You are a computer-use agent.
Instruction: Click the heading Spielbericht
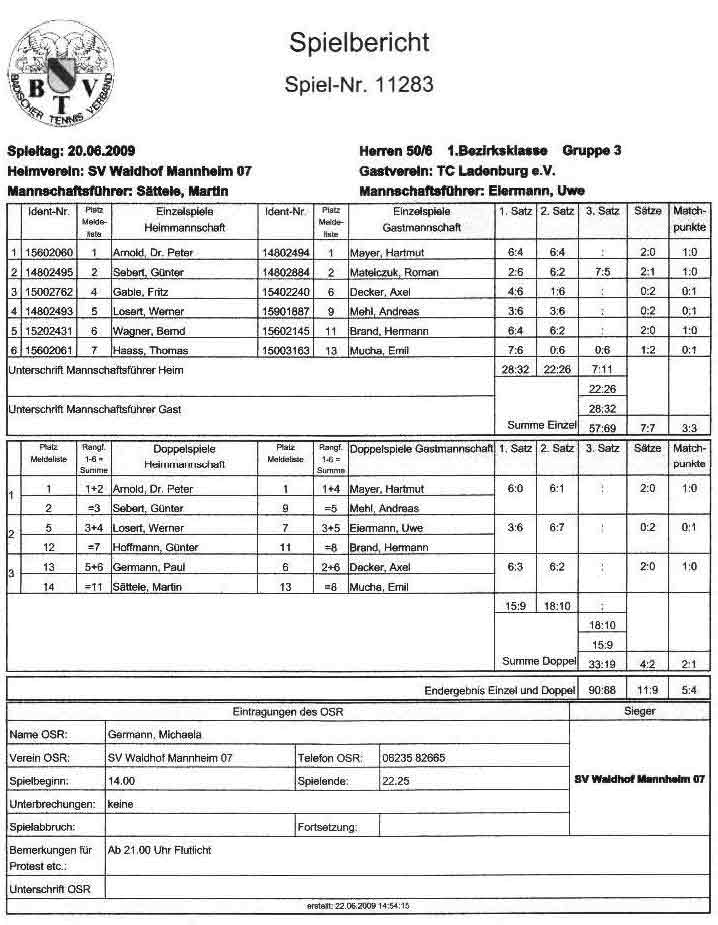coord(359,42)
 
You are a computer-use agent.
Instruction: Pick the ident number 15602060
coord(50,253)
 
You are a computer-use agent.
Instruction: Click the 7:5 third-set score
coord(601,272)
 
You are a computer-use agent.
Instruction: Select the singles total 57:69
coord(601,427)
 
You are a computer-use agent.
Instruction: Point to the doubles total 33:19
coord(601,662)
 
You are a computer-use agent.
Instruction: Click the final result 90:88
coord(601,690)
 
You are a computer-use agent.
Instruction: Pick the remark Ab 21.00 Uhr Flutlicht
coord(159,851)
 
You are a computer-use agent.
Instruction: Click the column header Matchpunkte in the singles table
coord(690,219)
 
